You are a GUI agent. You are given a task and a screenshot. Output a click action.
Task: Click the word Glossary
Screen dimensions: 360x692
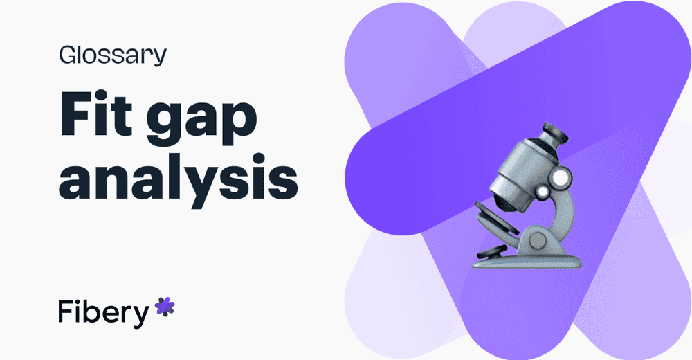pos(113,55)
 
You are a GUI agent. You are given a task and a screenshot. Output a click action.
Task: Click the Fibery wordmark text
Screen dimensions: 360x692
pos(103,312)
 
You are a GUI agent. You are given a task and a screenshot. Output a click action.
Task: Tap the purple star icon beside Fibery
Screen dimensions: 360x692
pos(165,306)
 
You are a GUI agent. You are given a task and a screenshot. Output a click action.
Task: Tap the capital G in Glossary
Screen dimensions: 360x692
pos(69,55)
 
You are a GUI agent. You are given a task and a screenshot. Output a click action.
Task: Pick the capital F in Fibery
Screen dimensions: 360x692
pos(66,312)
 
